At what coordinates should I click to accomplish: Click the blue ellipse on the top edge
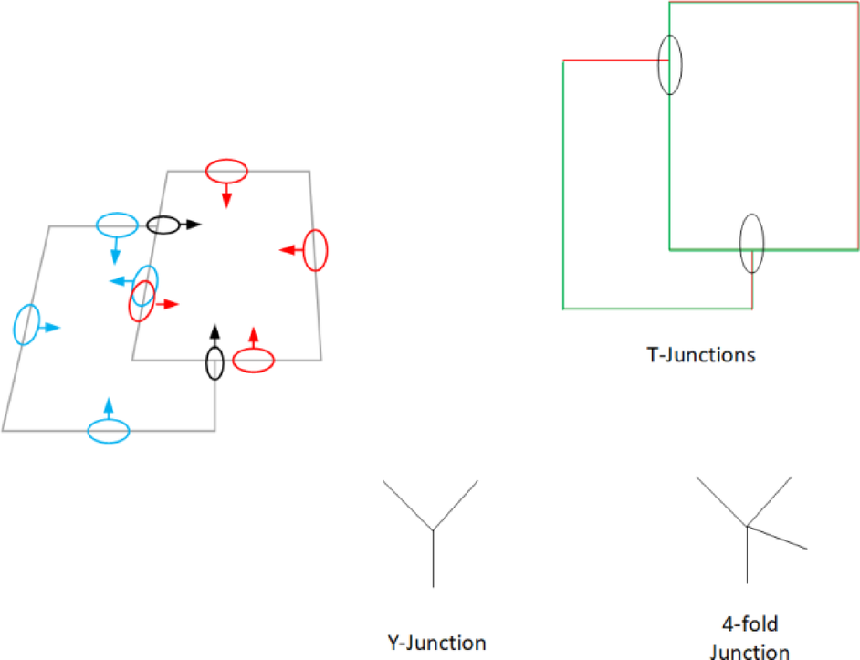(x=117, y=224)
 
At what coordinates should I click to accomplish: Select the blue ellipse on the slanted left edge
(x=27, y=324)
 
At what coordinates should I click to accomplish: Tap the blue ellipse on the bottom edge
(x=109, y=431)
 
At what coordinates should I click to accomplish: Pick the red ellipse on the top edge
(x=226, y=171)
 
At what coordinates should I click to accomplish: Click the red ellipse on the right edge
(x=315, y=250)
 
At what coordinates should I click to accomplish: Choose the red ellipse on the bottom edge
(x=253, y=361)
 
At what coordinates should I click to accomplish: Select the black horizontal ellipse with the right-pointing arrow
(x=164, y=225)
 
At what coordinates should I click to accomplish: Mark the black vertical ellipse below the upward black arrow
(x=215, y=362)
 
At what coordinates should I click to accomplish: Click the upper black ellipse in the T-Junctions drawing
(x=670, y=64)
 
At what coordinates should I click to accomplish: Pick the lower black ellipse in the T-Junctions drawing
(x=751, y=244)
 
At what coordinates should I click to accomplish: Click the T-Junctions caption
(x=700, y=354)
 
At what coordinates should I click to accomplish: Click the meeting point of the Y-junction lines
(x=433, y=529)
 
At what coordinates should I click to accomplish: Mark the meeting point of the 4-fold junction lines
(x=748, y=526)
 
